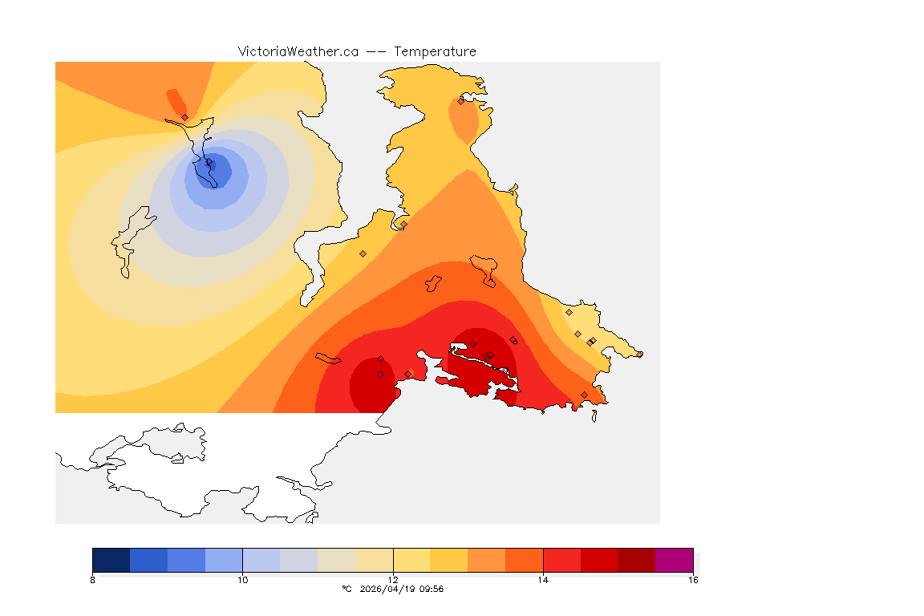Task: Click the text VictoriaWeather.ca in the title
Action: (x=298, y=51)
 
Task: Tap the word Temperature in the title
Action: (x=435, y=51)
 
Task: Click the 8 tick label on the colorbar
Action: (x=93, y=580)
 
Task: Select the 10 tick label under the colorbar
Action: (x=242, y=580)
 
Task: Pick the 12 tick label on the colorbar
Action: (x=393, y=580)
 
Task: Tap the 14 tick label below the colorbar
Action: (x=543, y=580)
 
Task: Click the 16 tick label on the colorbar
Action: (x=693, y=580)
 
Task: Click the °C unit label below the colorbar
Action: (x=346, y=589)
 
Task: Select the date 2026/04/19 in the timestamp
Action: (x=388, y=589)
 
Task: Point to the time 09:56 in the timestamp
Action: (x=432, y=589)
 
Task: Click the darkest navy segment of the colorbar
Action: (x=111, y=560)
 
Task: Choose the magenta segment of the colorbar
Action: (x=674, y=560)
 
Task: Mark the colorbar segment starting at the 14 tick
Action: (x=561, y=560)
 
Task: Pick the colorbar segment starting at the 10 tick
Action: (x=261, y=560)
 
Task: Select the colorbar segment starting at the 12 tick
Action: (x=411, y=560)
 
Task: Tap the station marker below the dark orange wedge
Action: (x=184, y=117)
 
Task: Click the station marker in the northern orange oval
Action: (x=460, y=101)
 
